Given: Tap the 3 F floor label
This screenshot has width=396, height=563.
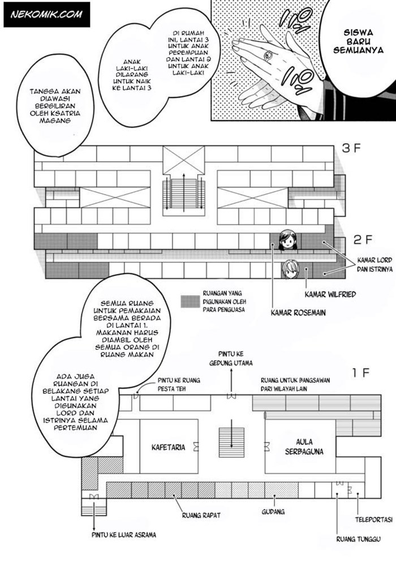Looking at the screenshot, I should coord(354,149).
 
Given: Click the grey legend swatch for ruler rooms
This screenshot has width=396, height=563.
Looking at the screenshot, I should coord(188,301).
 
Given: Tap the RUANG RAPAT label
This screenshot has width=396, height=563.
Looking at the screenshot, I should coord(201,515).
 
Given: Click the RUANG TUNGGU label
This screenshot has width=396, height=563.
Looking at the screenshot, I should coord(356,538).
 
